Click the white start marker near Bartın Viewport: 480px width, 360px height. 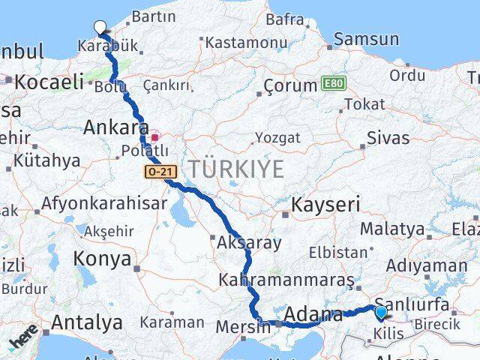coord(100,28)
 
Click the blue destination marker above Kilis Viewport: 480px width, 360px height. coord(381,313)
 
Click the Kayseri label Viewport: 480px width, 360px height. coord(325,204)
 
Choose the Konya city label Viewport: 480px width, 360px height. coord(102,259)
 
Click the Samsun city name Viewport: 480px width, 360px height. coord(366,39)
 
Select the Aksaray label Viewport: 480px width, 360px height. coord(249,243)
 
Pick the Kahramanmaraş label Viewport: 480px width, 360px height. coord(285,280)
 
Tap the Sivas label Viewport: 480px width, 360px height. coord(388,138)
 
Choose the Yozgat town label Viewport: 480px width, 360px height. coord(277,138)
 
